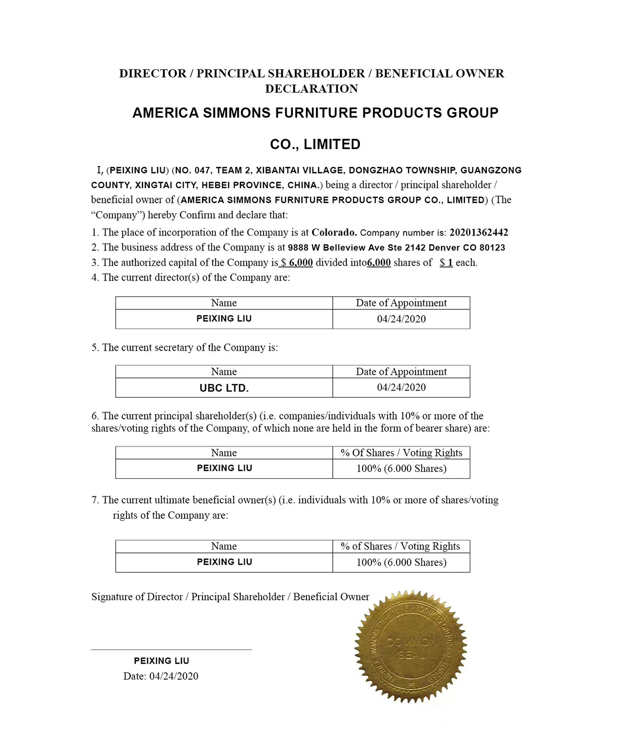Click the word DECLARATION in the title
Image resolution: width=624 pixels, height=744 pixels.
pos(312,89)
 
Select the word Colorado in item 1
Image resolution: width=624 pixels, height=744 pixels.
pos(334,232)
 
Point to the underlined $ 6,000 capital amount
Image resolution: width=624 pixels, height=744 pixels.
pos(297,263)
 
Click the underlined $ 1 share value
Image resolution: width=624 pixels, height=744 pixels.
pos(446,263)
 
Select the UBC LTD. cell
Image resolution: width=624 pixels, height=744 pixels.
pos(224,388)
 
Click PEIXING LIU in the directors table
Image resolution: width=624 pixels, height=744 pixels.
pos(224,318)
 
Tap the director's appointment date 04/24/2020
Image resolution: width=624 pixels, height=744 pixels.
pos(401,319)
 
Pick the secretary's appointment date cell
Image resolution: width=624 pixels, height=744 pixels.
pos(401,387)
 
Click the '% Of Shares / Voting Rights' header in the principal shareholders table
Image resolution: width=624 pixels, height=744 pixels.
pos(401,453)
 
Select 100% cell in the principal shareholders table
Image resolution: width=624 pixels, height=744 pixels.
pos(401,468)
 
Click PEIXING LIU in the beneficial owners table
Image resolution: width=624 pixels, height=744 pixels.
pos(225,562)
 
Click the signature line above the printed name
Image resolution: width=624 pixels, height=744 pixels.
pos(171,649)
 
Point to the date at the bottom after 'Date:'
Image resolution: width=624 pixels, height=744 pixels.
pos(173,676)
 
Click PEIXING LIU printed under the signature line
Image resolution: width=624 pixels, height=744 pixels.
pos(162,661)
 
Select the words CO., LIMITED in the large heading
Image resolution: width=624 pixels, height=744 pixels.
pos(315,144)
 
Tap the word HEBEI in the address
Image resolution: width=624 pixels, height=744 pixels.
pos(216,185)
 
